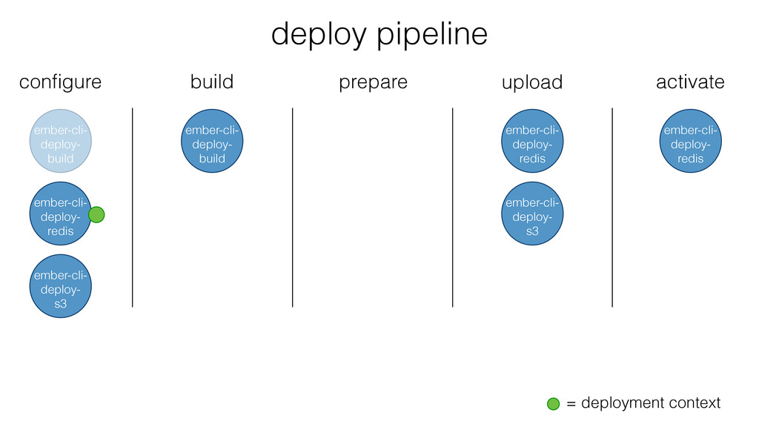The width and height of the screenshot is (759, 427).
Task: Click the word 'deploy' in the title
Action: click(319, 35)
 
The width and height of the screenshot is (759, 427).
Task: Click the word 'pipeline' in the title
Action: click(432, 35)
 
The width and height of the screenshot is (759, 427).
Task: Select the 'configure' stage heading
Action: click(61, 82)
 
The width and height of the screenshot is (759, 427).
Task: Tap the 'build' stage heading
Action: click(212, 82)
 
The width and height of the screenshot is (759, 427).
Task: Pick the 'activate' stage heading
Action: click(690, 82)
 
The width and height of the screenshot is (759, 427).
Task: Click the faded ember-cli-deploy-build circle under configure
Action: click(61, 141)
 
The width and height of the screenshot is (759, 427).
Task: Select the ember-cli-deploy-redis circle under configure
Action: click(61, 213)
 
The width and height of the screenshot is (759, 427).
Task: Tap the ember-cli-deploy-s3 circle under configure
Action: click(61, 286)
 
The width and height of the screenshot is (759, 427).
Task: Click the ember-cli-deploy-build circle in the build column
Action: click(212, 141)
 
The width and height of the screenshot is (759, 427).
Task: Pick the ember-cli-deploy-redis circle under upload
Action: click(532, 141)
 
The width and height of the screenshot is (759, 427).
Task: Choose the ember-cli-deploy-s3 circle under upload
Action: click(532, 213)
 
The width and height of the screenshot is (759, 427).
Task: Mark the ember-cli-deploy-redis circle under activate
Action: click(691, 141)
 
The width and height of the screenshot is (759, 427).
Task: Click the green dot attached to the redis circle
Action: click(96, 214)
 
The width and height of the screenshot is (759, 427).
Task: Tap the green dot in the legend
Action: click(553, 404)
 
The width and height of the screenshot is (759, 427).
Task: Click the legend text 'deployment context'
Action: click(651, 403)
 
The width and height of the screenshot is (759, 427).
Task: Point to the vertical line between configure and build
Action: click(132, 208)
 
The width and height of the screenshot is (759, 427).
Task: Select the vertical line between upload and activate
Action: click(612, 208)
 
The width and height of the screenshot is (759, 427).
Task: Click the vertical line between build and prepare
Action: click(292, 208)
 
